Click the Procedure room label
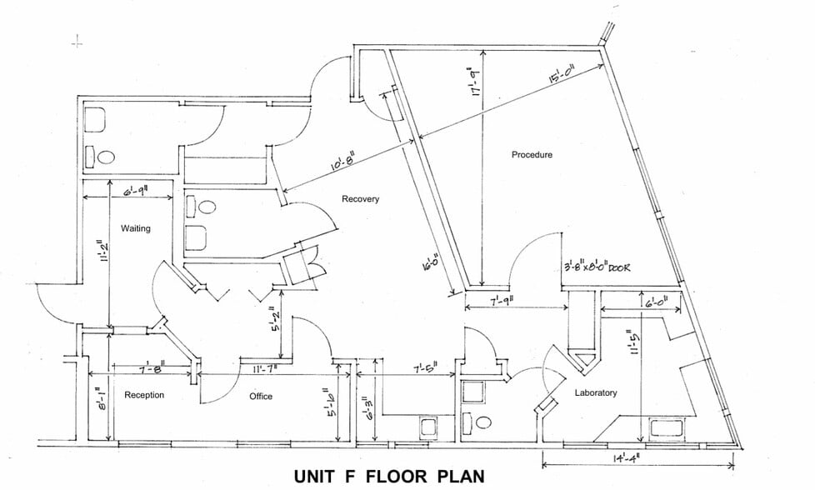(532, 155)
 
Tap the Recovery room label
(360, 199)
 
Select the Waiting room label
(135, 228)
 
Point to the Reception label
(144, 395)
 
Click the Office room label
(261, 396)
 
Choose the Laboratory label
(595, 392)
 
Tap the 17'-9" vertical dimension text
(476, 83)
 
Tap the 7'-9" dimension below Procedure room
(500, 301)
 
